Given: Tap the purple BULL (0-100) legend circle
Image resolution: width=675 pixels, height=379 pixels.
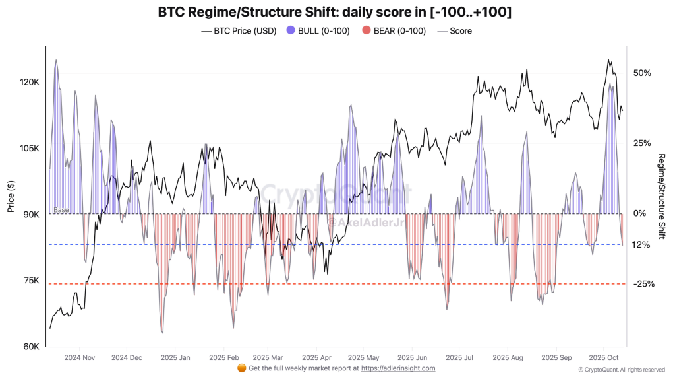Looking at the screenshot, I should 291,30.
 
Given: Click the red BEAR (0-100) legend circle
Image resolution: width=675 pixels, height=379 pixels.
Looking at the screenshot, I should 367,30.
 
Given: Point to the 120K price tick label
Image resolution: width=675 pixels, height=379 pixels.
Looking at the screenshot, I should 30,82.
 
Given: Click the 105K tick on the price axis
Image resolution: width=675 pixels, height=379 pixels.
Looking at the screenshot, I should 30,149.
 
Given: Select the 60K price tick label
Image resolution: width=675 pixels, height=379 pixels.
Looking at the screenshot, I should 32,347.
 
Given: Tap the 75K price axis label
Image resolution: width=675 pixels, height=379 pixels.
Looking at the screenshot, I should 32,281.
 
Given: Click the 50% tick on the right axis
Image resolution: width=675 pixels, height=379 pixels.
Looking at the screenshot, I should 641,73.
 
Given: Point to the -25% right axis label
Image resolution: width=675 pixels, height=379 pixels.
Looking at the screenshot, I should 643,284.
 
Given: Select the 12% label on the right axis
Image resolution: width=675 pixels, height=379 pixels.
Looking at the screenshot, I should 641,244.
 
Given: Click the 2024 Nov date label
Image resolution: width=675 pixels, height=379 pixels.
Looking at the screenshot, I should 80,357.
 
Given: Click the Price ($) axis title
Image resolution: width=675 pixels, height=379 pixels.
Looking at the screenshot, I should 11,196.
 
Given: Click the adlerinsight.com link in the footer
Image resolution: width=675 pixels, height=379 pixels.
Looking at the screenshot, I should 398,368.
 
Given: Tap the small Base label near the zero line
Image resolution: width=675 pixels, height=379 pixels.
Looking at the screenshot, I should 61,210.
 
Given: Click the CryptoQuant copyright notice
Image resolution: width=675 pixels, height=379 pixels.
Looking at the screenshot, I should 621,370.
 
